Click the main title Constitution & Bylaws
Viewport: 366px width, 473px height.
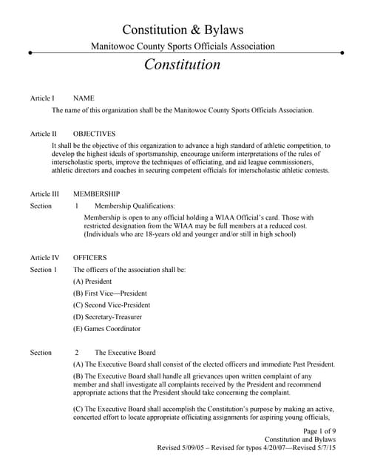coord(183,30)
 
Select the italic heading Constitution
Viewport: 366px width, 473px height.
coord(183,64)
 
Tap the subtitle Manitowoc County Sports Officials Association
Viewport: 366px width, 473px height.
coord(183,47)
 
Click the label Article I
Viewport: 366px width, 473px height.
coord(42,98)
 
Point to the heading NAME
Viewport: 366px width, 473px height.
coord(84,98)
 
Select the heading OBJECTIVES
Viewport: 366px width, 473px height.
coord(94,135)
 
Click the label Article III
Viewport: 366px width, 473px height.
coord(44,194)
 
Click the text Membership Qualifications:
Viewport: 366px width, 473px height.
coord(135,205)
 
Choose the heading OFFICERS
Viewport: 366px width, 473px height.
coord(90,258)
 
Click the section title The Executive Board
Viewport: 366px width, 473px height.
coord(125,353)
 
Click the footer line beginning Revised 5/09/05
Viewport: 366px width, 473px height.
coord(247,448)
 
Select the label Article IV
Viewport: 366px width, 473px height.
coord(44,258)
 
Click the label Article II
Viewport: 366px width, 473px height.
coord(43,135)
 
